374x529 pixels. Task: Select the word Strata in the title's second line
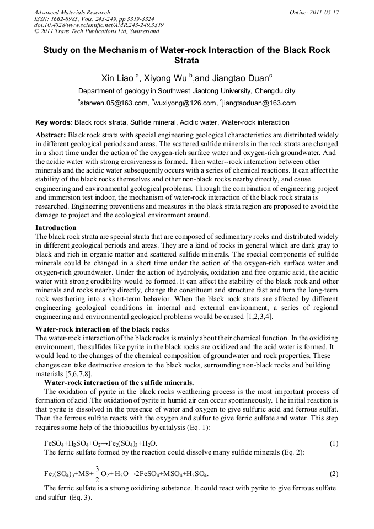[186, 60]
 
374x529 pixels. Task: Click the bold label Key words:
[54, 122]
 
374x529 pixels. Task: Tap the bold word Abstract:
[51, 135]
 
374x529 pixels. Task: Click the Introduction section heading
[56, 227]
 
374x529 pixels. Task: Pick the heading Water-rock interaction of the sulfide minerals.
[119, 382]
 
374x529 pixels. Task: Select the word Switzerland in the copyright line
[140, 31]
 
